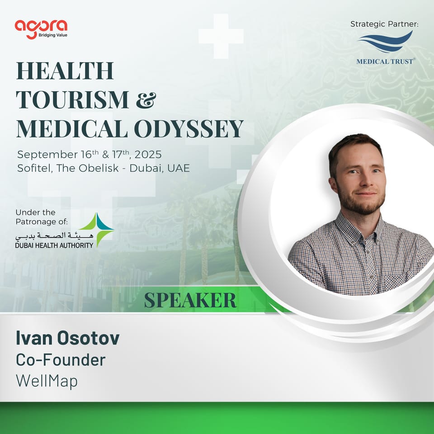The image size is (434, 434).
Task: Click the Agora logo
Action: tap(41, 26)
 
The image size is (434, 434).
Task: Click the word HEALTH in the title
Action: tap(65, 71)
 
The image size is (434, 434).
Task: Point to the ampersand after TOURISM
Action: tap(146, 99)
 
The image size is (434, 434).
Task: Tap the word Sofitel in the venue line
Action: tap(34, 168)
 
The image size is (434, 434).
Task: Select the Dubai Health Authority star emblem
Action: tap(97, 230)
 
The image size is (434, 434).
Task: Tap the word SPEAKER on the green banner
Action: tap(190, 300)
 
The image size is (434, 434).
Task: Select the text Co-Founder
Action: tap(61, 360)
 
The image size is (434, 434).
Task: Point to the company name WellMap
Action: tap(47, 381)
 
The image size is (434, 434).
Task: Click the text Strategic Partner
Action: tap(384, 24)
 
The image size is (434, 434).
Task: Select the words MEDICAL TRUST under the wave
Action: tap(385, 61)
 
